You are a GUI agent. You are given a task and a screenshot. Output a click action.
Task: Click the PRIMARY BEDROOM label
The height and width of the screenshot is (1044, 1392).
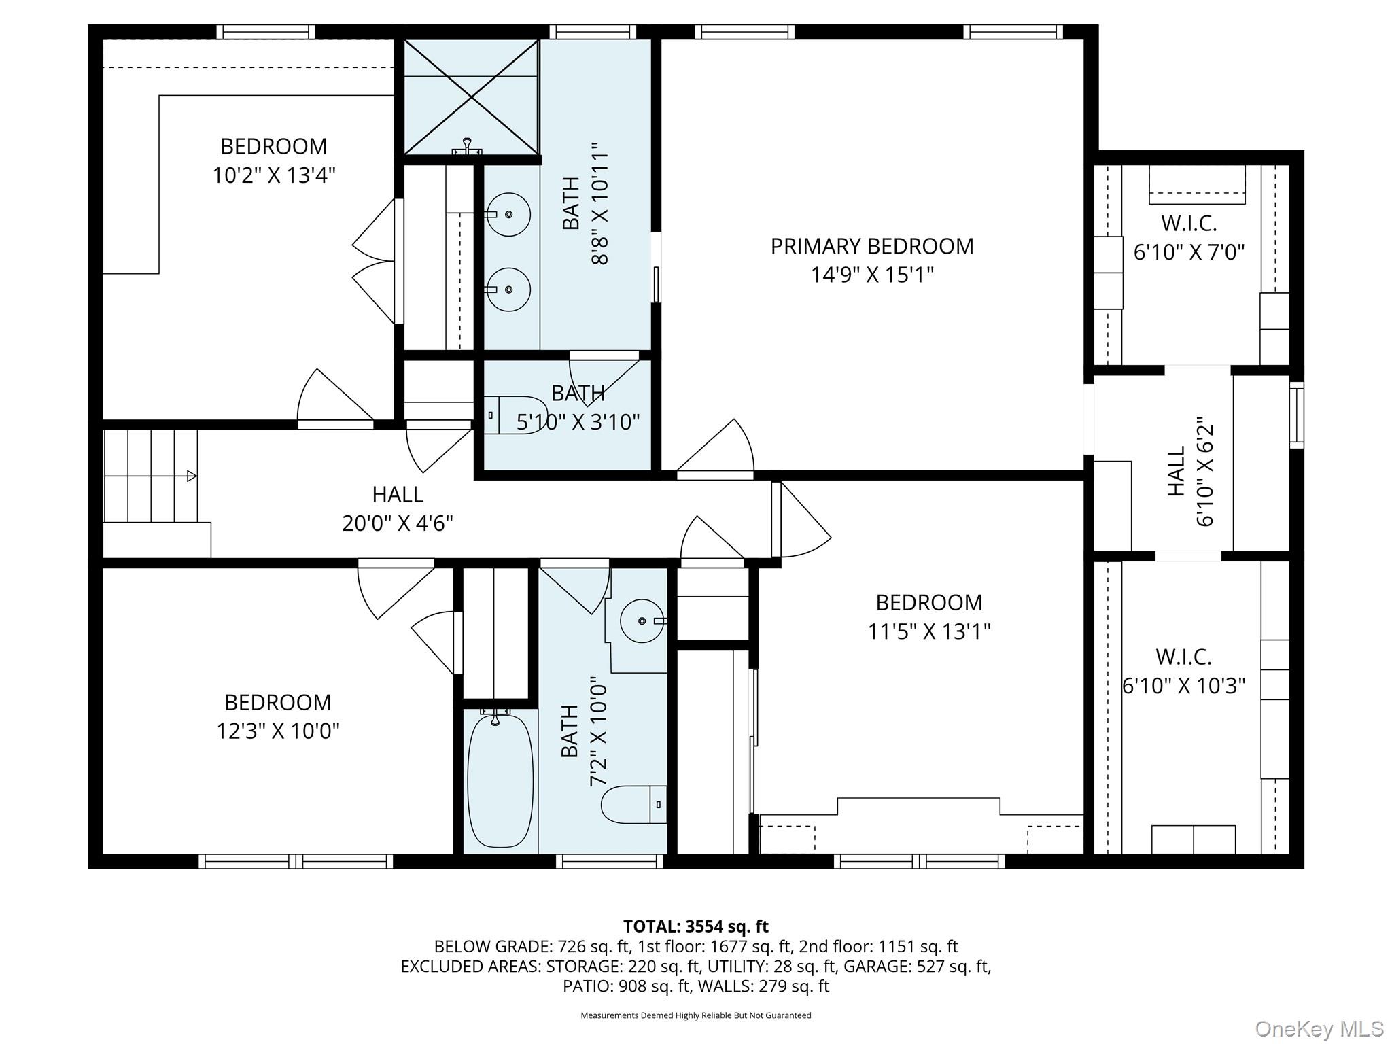(871, 246)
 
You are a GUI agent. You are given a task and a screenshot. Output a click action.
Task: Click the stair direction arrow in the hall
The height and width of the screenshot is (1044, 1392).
(192, 476)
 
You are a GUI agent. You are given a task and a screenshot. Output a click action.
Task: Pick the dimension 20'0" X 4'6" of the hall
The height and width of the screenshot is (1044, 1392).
(397, 523)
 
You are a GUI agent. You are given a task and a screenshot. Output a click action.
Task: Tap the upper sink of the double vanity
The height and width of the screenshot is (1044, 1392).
(509, 214)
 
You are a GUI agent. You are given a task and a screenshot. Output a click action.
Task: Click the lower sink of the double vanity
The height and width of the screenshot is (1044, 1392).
(509, 290)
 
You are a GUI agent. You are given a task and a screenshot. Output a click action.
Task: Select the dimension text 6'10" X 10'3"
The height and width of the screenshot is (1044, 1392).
(1183, 686)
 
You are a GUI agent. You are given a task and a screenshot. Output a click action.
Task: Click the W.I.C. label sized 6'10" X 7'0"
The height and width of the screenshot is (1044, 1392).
(1189, 223)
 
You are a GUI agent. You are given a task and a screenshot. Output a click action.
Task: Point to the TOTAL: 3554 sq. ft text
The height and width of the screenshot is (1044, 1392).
(695, 926)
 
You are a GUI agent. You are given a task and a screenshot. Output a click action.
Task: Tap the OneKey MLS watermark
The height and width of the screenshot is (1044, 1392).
(1319, 1029)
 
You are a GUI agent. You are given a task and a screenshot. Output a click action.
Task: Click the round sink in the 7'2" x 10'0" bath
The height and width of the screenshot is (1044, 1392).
(642, 621)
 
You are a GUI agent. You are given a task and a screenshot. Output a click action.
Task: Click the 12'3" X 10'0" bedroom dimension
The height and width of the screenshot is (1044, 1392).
(278, 731)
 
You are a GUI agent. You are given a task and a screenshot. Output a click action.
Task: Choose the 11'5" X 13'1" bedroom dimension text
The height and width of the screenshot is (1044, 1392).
(928, 632)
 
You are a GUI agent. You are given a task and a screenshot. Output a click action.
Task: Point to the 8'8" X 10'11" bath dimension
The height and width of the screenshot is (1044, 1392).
(599, 203)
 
